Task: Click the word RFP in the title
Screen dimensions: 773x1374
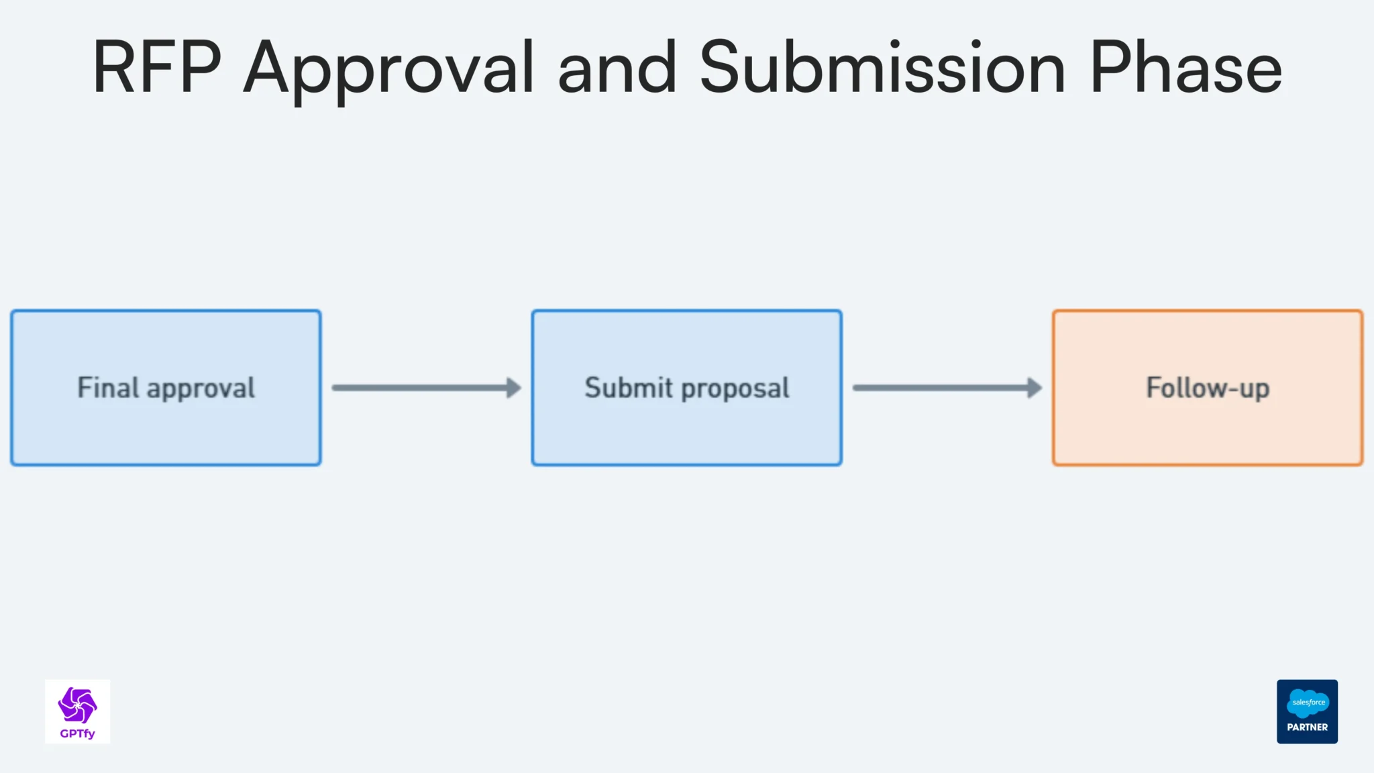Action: click(156, 67)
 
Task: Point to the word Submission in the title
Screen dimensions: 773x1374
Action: click(882, 67)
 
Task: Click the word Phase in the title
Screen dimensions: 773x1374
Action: click(1185, 67)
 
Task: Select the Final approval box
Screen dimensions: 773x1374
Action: click(166, 429)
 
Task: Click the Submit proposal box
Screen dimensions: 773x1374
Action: click(686, 429)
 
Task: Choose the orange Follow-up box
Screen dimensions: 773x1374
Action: click(1207, 429)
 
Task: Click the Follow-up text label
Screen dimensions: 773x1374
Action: click(1207, 388)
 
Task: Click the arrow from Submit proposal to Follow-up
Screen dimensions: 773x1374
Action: click(939, 388)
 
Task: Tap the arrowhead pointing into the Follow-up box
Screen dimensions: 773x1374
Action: click(1035, 388)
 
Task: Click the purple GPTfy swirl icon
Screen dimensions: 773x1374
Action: click(77, 705)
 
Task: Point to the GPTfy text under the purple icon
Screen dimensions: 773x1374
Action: click(77, 733)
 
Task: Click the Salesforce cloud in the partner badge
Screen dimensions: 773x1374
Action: click(1307, 703)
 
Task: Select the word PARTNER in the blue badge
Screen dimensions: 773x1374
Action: click(1307, 727)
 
